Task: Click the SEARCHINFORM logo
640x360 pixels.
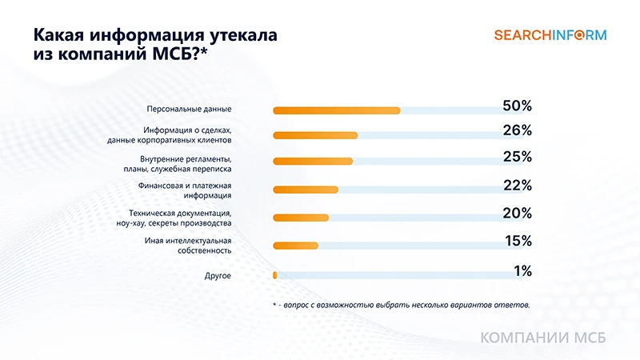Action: pyautogui.click(x=550, y=34)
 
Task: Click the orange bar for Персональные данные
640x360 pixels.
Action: pyautogui.click(x=337, y=110)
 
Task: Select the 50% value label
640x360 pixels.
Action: pyautogui.click(x=517, y=106)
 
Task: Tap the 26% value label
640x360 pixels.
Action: pyautogui.click(x=517, y=130)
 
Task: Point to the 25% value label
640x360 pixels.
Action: pyautogui.click(x=517, y=157)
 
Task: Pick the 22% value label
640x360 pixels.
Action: pyautogui.click(x=517, y=186)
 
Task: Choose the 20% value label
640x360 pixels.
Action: pyautogui.click(x=517, y=213)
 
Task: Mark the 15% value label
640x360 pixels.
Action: pyautogui.click(x=518, y=241)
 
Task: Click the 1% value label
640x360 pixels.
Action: pyautogui.click(x=522, y=271)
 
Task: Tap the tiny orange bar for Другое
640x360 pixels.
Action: pyautogui.click(x=275, y=275)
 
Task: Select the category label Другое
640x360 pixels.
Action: pyautogui.click(x=218, y=276)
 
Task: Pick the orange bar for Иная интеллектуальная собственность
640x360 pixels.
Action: pyautogui.click(x=296, y=246)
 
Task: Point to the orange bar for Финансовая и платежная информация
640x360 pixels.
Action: pyautogui.click(x=306, y=190)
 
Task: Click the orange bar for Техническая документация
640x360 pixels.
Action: pyautogui.click(x=301, y=218)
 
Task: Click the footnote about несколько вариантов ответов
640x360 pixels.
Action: pyautogui.click(x=401, y=305)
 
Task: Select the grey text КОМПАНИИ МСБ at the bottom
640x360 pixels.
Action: pyautogui.click(x=543, y=338)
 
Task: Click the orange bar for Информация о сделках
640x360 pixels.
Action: pyautogui.click(x=315, y=135)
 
